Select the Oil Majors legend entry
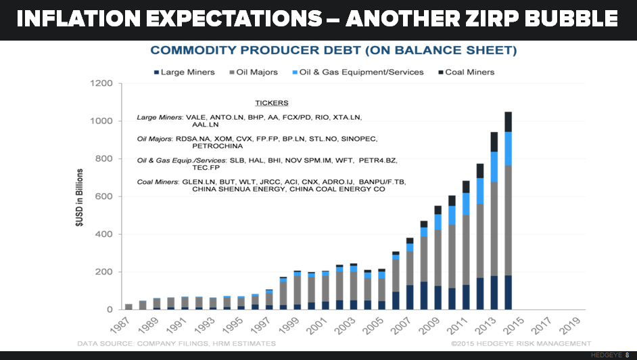coord(255,72)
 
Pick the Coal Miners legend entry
coord(469,72)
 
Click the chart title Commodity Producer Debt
coord(333,50)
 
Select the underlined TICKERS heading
coord(271,104)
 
